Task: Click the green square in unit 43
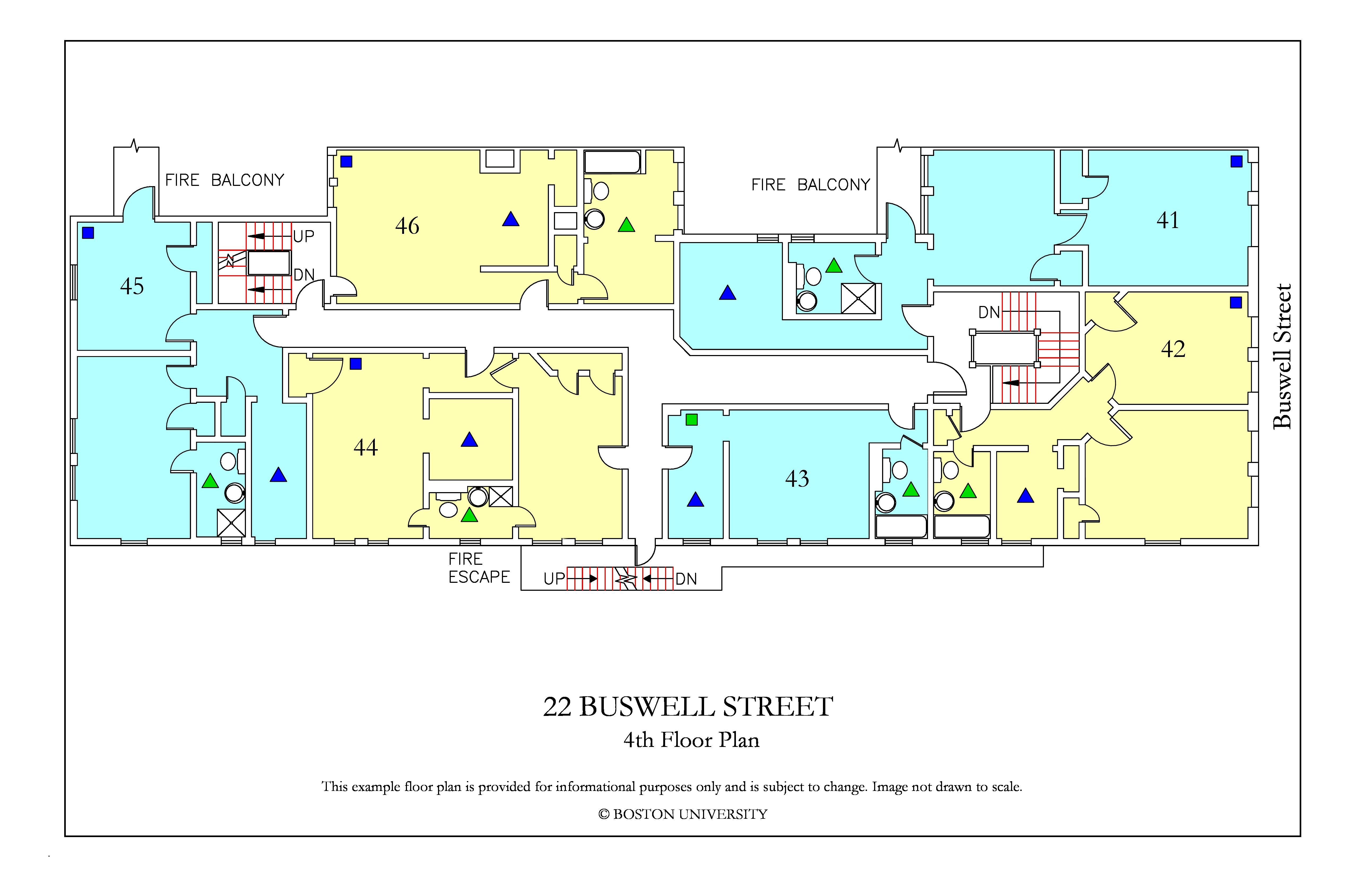click(x=691, y=420)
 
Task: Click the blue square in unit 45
click(x=88, y=232)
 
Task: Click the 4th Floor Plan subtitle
click(x=691, y=740)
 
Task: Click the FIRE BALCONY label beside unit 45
click(x=224, y=180)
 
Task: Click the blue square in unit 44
click(x=356, y=364)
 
